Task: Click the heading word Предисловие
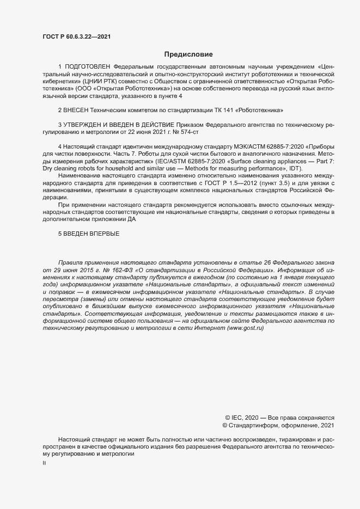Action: pyautogui.click(x=188, y=54)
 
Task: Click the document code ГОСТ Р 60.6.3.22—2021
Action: pyautogui.click(x=76, y=37)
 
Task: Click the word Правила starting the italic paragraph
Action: pyautogui.click(x=71, y=262)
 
